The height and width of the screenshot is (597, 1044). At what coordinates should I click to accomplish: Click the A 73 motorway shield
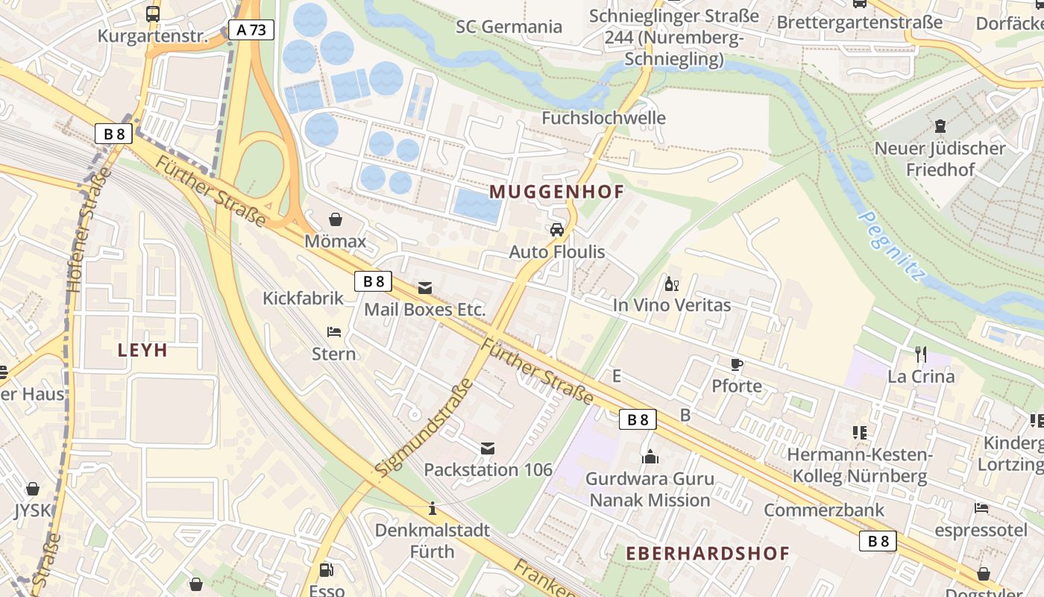point(251,30)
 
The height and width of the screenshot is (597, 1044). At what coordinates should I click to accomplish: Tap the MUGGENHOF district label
point(556,192)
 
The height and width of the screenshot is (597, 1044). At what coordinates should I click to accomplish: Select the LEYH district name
point(142,350)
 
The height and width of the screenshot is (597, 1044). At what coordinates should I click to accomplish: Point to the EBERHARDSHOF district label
point(707,553)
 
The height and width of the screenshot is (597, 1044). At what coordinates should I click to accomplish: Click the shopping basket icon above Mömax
point(336,219)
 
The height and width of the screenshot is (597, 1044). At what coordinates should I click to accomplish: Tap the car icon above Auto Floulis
point(557,230)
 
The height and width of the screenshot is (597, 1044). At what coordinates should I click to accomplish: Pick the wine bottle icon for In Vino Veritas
point(671,284)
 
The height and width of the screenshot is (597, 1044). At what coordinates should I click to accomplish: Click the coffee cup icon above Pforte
point(737,364)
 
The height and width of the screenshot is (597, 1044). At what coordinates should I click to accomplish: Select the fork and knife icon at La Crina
point(921,354)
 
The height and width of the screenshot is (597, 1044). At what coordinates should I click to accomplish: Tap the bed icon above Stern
point(334,331)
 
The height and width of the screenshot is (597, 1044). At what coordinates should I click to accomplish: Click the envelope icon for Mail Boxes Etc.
point(425,288)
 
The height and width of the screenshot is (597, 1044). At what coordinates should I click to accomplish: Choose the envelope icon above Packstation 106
point(488,448)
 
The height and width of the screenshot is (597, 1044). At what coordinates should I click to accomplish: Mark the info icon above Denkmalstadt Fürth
point(433,509)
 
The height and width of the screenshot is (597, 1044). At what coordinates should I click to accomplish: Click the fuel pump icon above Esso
point(326,570)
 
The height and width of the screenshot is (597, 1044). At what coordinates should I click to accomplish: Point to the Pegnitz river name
point(890,246)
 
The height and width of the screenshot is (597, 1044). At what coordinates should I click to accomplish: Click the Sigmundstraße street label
point(424,428)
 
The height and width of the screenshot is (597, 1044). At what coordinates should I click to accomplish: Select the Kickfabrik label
point(303,298)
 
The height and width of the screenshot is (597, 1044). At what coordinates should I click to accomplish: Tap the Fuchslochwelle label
point(603,118)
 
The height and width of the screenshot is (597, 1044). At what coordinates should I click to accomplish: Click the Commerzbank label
point(823,510)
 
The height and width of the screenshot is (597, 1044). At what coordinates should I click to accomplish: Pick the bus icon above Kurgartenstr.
point(153,13)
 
